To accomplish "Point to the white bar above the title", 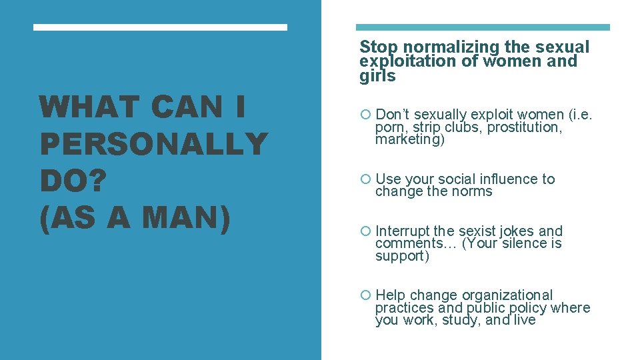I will point(160,27).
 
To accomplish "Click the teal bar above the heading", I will point(483,27).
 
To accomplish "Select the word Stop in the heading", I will point(379,47).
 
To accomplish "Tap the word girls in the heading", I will point(377,76).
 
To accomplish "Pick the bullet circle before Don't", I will point(365,115).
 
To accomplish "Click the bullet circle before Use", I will point(365,179).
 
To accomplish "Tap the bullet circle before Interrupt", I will point(365,231).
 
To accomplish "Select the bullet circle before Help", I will point(365,295).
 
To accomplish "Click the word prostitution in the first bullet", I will point(525,127).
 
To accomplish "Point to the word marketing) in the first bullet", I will point(409,140).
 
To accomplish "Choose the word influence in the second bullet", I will point(506,179).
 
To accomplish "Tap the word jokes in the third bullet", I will point(517,231).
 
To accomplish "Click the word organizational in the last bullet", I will point(507,295).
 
